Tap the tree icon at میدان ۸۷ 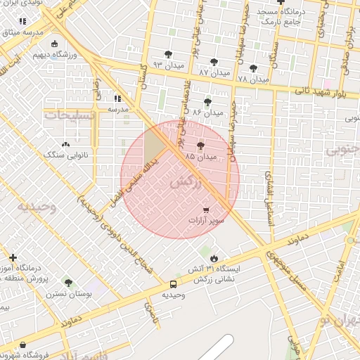coord(214,62)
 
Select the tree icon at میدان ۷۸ coord(253,68)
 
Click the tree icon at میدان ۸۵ coord(201,146)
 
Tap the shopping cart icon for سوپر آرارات coord(206,210)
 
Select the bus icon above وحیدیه coord(173,284)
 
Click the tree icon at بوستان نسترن coord(68,283)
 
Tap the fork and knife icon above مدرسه coord(117,99)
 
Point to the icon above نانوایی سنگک coord(66,143)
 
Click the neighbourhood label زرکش coord(186,182)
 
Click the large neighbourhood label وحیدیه coord(37,207)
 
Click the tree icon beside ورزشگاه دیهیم coord(35,53)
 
